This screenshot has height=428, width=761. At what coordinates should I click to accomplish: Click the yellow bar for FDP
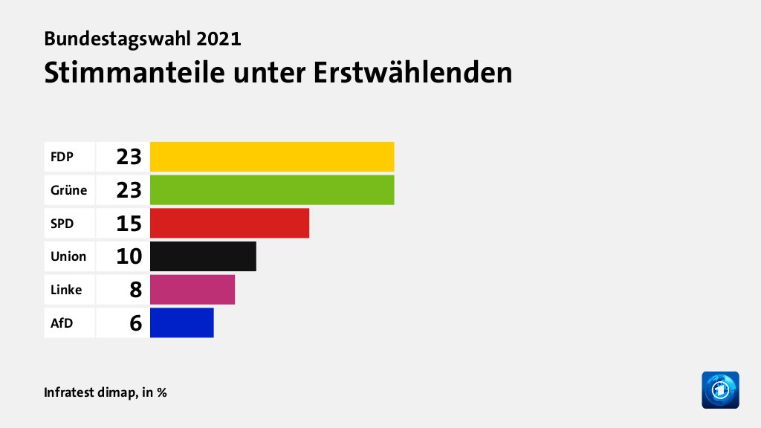coord(272,157)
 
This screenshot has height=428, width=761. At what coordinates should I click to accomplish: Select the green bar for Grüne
coord(272,189)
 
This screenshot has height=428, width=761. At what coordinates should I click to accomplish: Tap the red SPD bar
coord(230,223)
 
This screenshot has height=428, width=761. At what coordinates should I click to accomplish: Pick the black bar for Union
coord(203,256)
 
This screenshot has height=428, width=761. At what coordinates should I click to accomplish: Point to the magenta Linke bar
coord(192,289)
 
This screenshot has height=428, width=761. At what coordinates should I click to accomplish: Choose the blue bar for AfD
coord(182,322)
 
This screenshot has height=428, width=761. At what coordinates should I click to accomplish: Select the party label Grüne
coord(68,190)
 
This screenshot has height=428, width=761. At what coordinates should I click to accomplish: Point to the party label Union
coord(68,256)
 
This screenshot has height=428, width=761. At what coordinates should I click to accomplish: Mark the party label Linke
coord(66,289)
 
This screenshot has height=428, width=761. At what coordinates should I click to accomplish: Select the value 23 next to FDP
coord(129,157)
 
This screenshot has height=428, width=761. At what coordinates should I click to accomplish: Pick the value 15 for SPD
coord(129,223)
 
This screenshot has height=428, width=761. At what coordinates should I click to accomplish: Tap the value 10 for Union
coord(129,256)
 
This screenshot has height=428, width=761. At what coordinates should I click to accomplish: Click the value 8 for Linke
coord(135,289)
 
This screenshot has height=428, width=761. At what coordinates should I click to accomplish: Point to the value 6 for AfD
coord(135,322)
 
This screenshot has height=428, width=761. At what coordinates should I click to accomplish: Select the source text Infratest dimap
coord(89,392)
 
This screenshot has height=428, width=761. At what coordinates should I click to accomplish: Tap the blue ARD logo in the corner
coord(720,389)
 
